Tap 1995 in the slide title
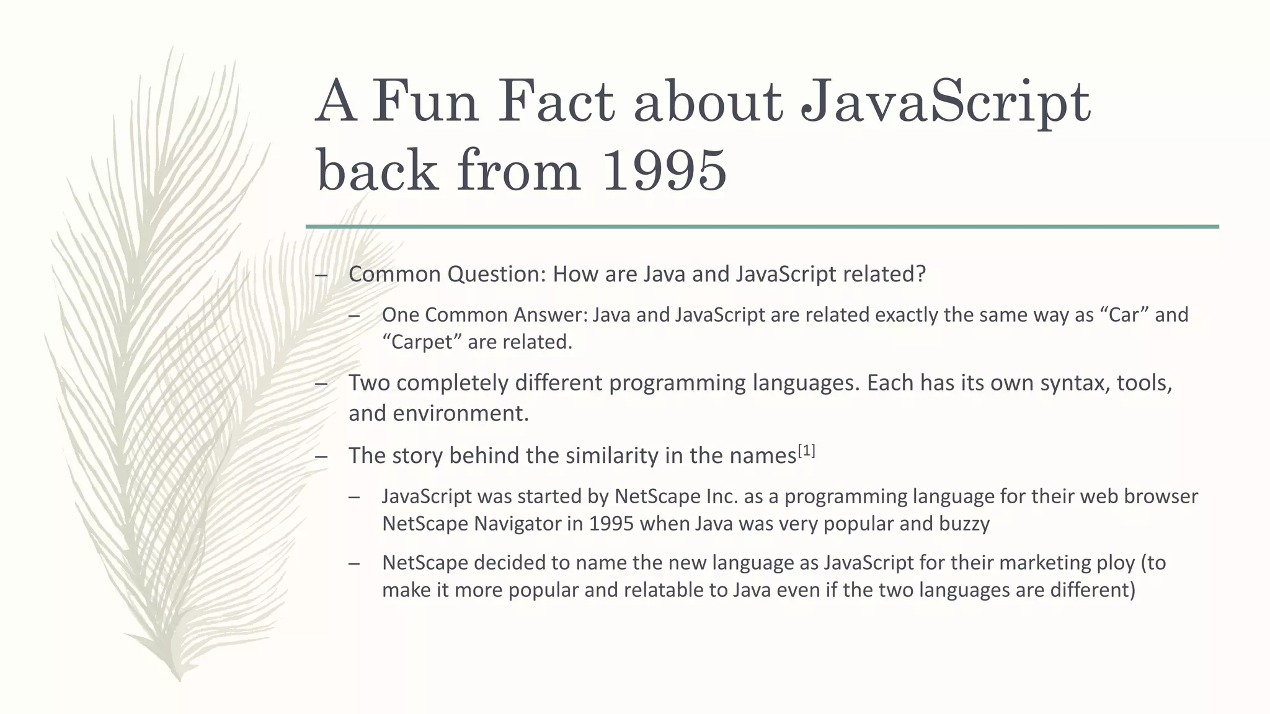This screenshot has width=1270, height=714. (664, 170)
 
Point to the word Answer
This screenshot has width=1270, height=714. (551, 315)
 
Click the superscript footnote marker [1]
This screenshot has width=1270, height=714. (806, 451)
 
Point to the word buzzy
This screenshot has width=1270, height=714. (964, 524)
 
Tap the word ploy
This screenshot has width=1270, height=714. (1107, 563)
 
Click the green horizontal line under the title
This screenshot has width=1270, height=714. (762, 227)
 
